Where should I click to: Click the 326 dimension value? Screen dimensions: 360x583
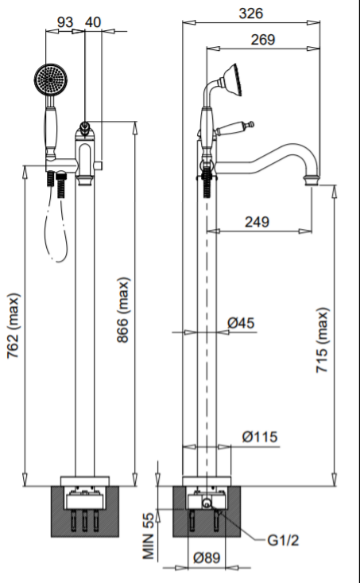(251, 14)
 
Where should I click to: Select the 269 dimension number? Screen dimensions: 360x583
(263, 40)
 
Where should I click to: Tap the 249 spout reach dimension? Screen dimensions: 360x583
(257, 222)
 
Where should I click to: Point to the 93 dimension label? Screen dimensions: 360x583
(65, 22)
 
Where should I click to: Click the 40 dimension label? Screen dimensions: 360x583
(93, 22)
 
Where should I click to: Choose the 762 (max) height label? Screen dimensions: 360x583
(14, 326)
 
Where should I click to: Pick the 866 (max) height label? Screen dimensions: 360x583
(123, 310)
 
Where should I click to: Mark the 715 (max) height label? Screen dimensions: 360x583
(322, 340)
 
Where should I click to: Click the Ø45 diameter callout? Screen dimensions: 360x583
(241, 323)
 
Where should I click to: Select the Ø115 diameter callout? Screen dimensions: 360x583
(260, 437)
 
